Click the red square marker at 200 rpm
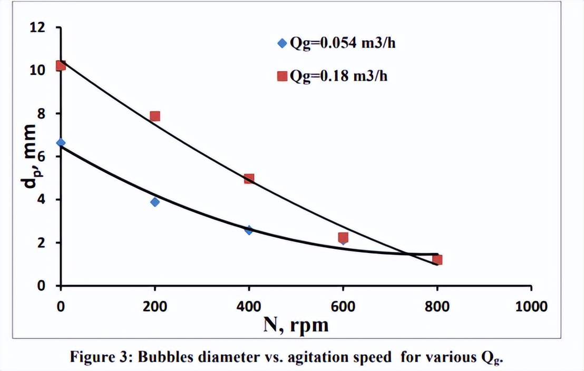tap(154, 116)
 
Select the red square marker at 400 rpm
tap(249, 179)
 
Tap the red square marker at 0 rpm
tap(61, 65)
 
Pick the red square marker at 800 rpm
tap(437, 260)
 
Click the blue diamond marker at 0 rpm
tap(61, 143)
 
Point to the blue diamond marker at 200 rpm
tap(154, 202)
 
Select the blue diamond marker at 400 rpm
tap(249, 230)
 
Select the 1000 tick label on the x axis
tap(531, 306)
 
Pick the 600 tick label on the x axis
tap(343, 306)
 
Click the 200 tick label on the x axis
tap(154, 306)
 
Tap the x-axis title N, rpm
tap(296, 325)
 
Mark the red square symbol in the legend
tap(282, 76)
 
